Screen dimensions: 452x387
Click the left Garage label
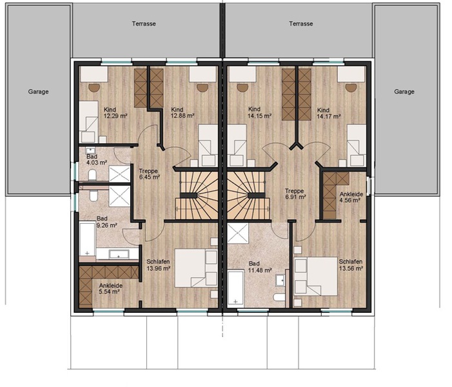click(38, 92)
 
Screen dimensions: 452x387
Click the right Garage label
click(404, 92)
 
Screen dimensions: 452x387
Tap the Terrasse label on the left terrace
click(144, 24)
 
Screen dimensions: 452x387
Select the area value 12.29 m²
click(115, 116)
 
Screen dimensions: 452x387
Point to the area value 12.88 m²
click(182, 116)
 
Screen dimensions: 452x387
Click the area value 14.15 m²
click(259, 116)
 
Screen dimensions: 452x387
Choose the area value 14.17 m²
click(329, 117)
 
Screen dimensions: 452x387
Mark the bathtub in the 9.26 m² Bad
click(87, 239)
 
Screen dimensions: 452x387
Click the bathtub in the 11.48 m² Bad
click(235, 288)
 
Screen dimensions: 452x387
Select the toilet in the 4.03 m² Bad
click(93, 175)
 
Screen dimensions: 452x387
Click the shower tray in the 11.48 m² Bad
click(238, 233)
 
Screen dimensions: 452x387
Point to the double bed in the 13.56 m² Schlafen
click(315, 276)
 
